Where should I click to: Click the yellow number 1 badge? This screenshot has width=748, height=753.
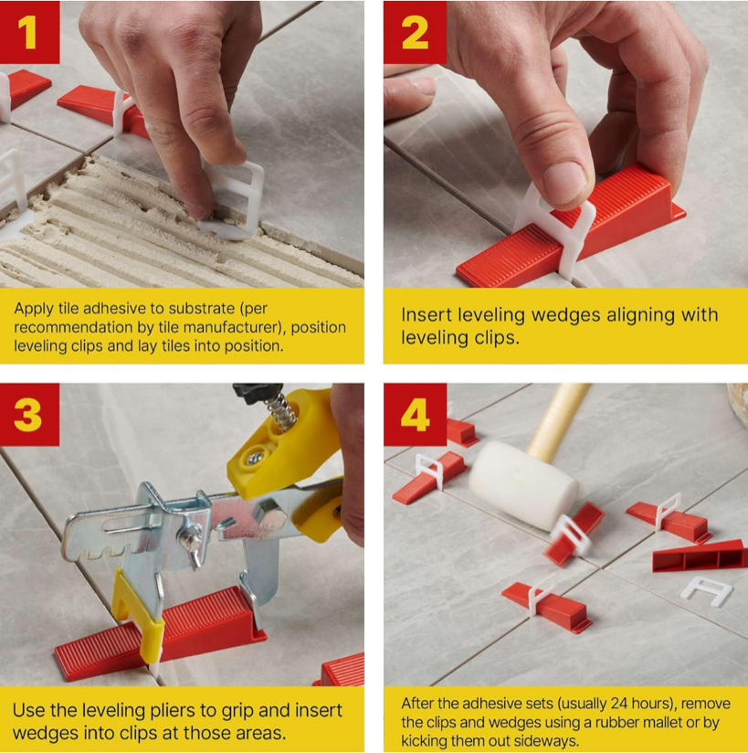(x=29, y=32)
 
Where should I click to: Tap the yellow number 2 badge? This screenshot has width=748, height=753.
(x=415, y=32)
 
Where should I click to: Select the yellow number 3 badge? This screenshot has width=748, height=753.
(x=29, y=415)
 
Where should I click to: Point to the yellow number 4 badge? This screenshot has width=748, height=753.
(x=415, y=415)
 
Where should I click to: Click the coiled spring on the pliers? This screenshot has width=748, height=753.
(x=282, y=408)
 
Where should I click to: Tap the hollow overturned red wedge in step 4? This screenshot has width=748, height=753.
(x=700, y=557)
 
